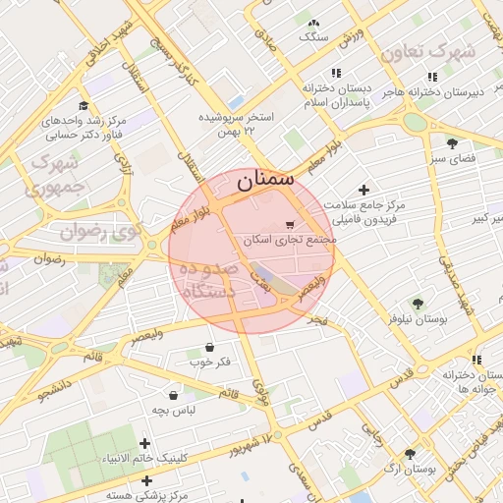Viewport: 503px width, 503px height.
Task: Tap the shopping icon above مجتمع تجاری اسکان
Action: click(288, 224)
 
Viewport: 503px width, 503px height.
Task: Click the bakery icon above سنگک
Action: click(313, 23)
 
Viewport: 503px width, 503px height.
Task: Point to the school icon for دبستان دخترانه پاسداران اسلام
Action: click(336, 73)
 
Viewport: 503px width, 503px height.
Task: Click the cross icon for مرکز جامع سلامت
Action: click(364, 190)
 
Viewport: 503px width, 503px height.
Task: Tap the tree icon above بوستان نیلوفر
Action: click(418, 304)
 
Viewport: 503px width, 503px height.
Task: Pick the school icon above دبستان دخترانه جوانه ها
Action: click(475, 361)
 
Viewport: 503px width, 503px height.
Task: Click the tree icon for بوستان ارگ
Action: click(410, 453)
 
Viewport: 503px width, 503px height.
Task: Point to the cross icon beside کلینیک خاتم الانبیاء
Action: click(145, 444)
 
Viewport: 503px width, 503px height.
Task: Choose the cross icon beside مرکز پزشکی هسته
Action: click(146, 480)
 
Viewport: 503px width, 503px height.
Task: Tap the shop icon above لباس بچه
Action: click(173, 393)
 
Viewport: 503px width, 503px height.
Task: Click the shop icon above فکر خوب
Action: click(209, 347)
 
